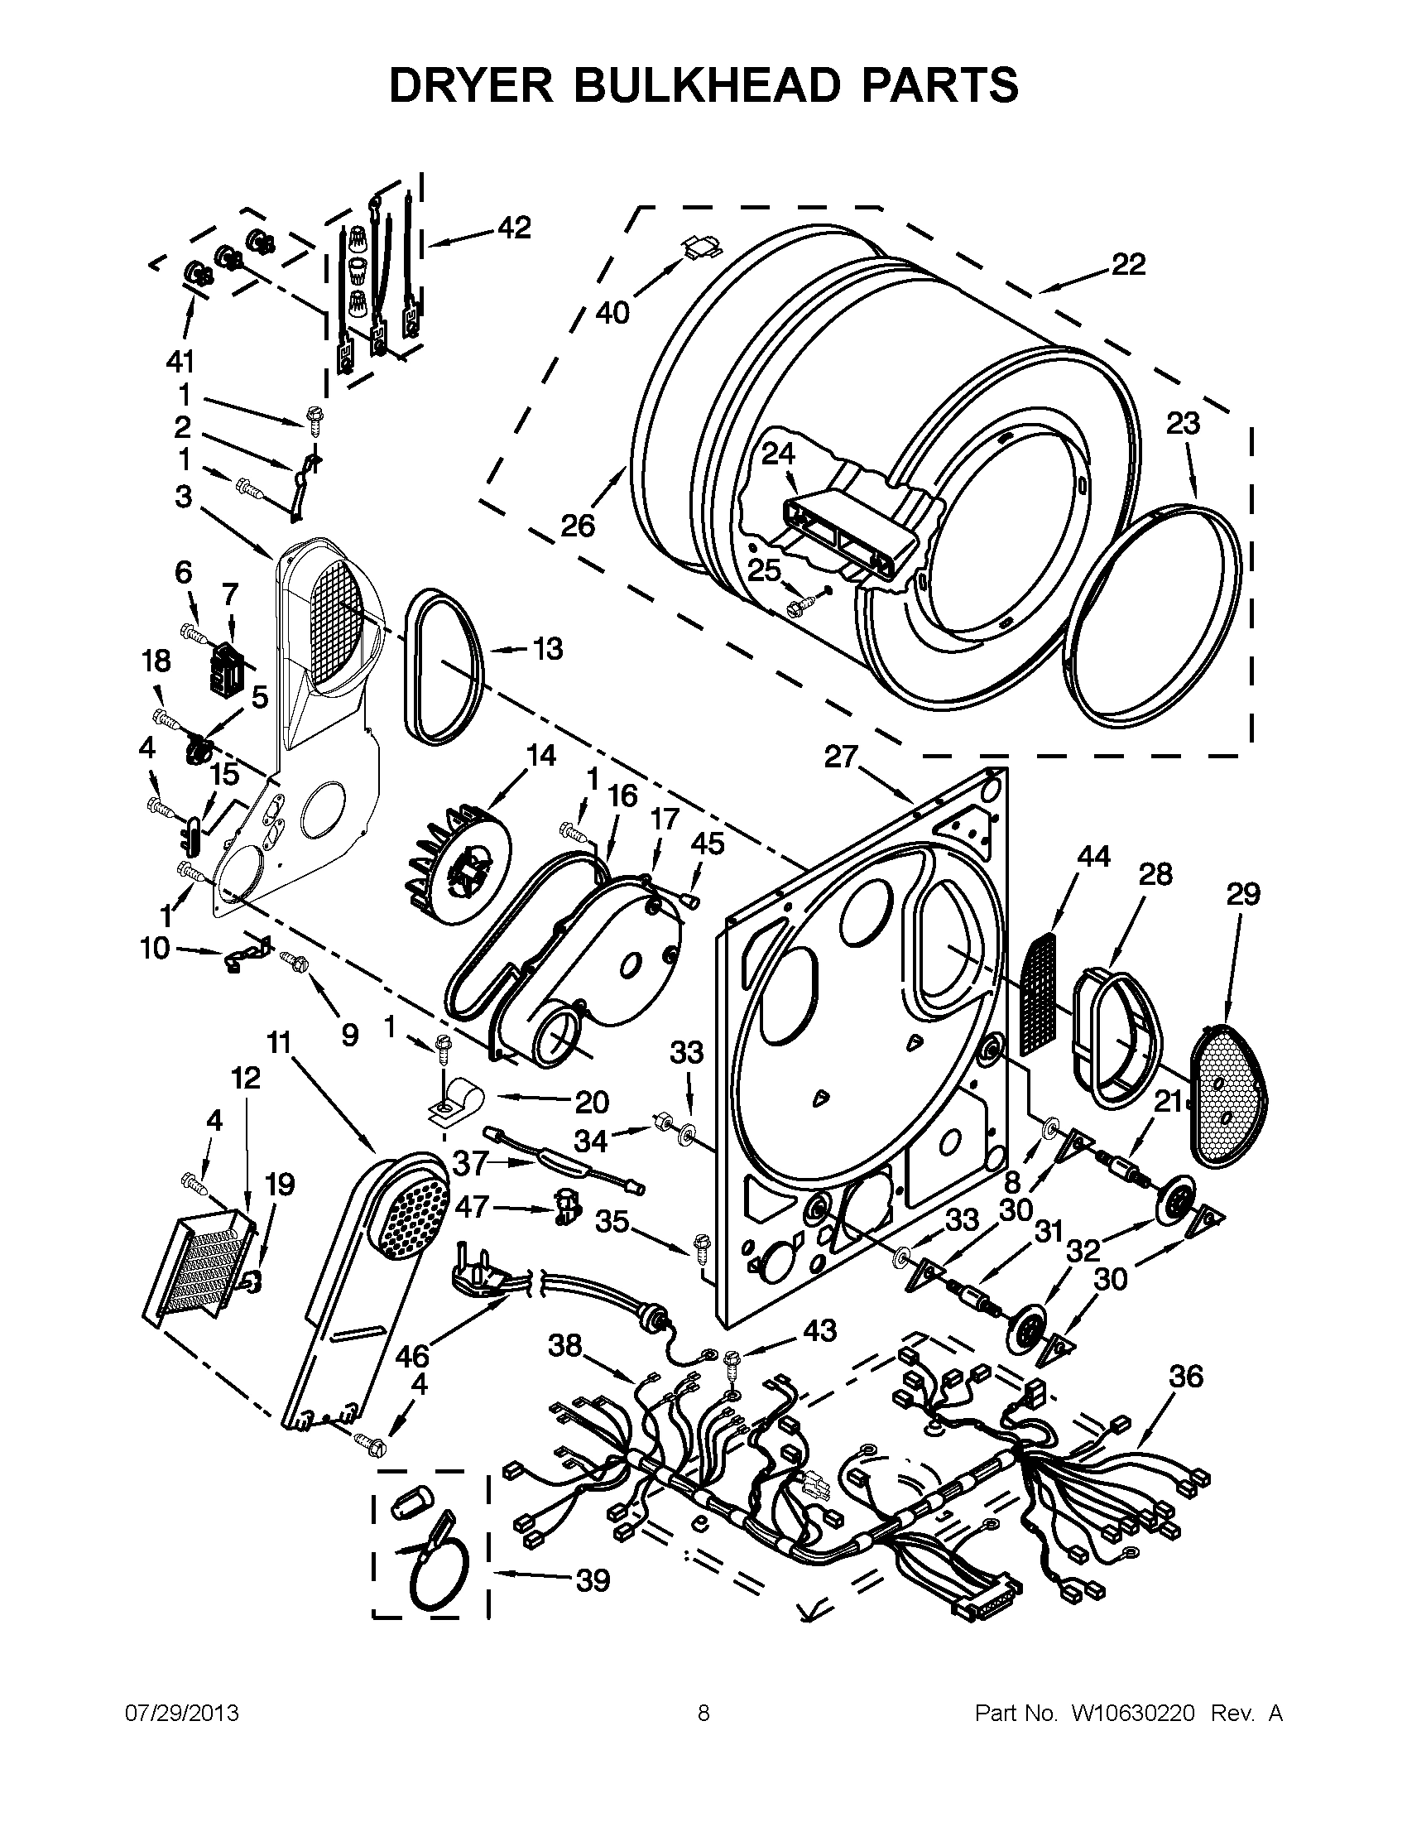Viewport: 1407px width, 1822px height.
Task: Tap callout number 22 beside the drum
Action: [x=1127, y=264]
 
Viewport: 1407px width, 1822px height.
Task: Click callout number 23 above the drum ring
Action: [x=1183, y=424]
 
